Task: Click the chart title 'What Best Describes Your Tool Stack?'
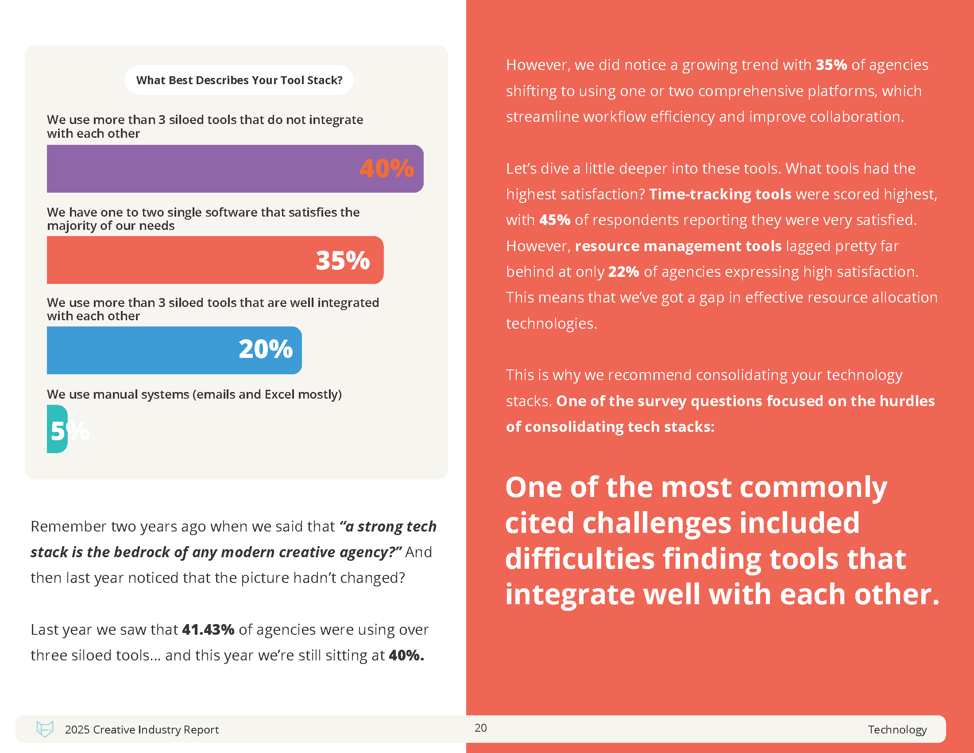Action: click(239, 80)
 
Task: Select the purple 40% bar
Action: click(201, 169)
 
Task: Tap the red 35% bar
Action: click(178, 260)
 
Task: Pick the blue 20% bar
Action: click(143, 350)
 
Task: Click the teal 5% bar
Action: click(57, 429)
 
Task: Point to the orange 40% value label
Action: click(387, 169)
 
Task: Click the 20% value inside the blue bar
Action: click(266, 349)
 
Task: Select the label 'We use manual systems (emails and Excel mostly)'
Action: click(194, 394)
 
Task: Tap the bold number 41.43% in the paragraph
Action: click(208, 629)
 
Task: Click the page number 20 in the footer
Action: click(480, 728)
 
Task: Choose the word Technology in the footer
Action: click(897, 730)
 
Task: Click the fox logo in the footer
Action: click(45, 729)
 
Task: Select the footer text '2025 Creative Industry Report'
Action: click(142, 730)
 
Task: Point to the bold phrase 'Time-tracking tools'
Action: click(720, 194)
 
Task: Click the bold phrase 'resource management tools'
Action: click(678, 246)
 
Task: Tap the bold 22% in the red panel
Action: click(623, 272)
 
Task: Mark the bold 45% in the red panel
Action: click(554, 220)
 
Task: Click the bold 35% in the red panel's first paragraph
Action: click(831, 65)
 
